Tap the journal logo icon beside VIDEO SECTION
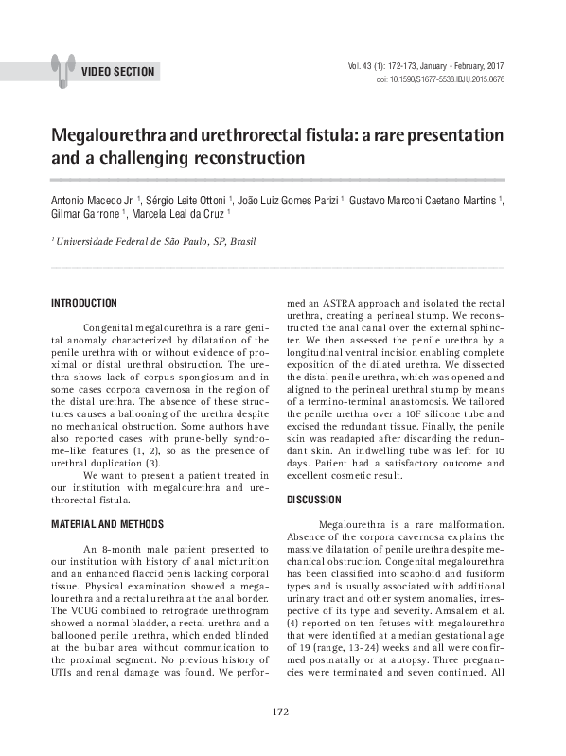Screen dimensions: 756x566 [62, 63]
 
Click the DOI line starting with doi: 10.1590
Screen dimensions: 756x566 [440, 80]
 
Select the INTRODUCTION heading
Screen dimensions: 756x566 [83, 303]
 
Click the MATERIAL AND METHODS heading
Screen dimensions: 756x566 [107, 524]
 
